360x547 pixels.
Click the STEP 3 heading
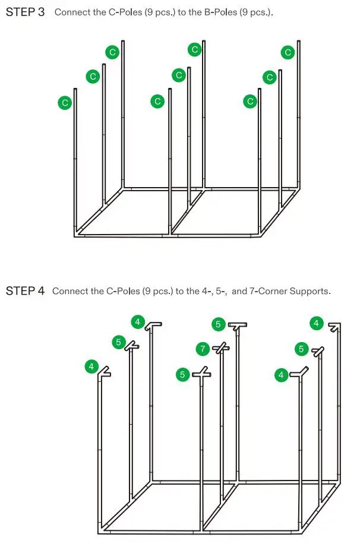coord(25,12)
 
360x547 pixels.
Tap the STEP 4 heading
coord(25,291)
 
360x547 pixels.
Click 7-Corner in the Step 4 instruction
coord(269,292)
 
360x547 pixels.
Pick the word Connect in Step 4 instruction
coord(69,292)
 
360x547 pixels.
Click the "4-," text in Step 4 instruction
coord(204,292)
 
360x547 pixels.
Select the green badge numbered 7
coord(203,347)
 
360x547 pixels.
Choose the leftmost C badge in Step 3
coord(64,103)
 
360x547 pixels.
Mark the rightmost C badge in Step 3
coord(288,52)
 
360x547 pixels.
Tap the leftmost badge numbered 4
coord(91,366)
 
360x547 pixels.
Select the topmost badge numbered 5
coord(218,324)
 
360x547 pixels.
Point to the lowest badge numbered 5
coord(183,374)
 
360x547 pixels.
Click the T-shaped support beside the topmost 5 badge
coord(238,325)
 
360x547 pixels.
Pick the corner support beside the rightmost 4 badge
coord(335,327)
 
